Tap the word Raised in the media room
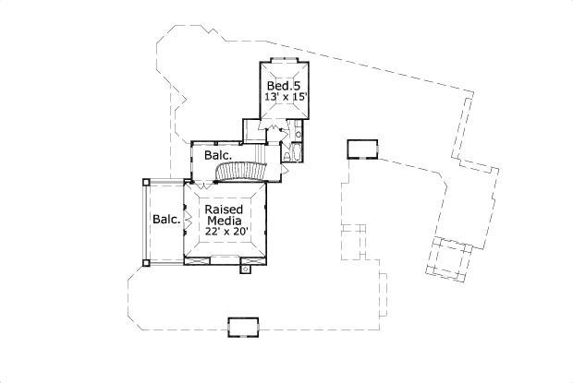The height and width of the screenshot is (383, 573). (223, 209)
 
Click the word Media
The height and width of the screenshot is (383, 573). (224, 221)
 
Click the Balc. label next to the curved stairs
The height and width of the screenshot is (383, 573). (218, 156)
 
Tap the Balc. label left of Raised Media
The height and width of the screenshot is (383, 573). (166, 220)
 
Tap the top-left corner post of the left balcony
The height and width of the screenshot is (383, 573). (144, 182)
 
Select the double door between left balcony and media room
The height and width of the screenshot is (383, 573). (188, 221)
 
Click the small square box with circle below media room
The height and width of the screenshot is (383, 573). (246, 269)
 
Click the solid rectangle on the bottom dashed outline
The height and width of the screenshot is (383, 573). (244, 326)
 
